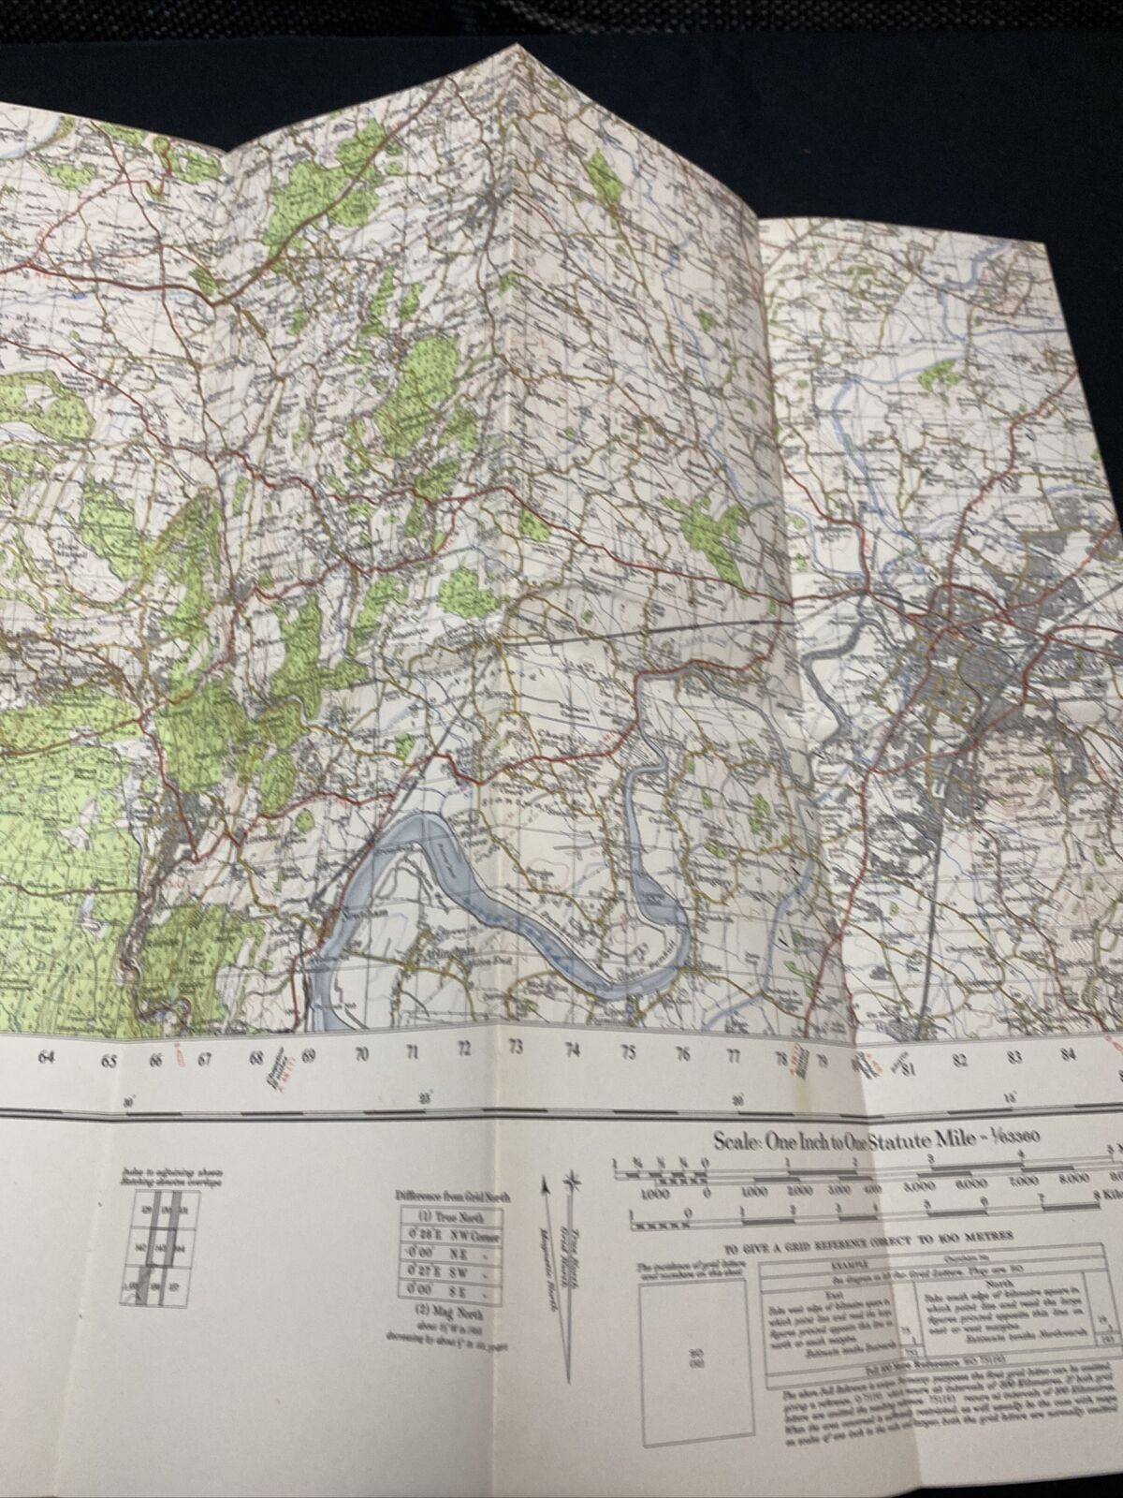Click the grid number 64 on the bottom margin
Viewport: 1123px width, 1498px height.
[x=45, y=1058]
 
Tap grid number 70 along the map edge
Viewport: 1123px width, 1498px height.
[x=362, y=1053]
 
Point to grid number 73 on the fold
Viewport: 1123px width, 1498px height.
[x=514, y=1050]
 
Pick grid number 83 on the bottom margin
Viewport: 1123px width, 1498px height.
[x=1014, y=1058]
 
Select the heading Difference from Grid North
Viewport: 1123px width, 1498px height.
[x=448, y=1196]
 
